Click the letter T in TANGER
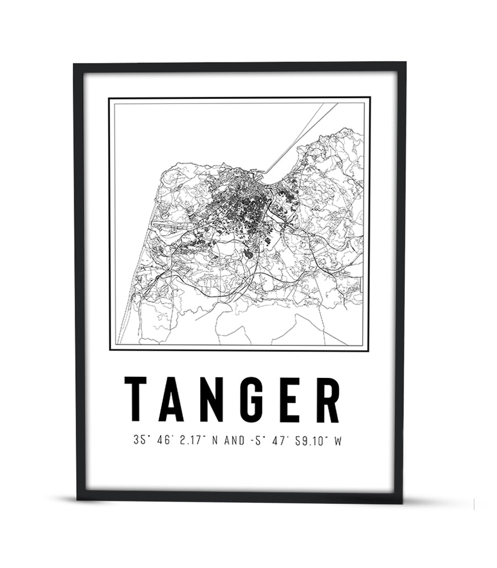click(136, 399)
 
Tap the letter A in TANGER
click(171, 399)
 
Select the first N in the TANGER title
click(210, 399)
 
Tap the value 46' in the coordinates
click(166, 441)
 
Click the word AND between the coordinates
click(243, 441)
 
